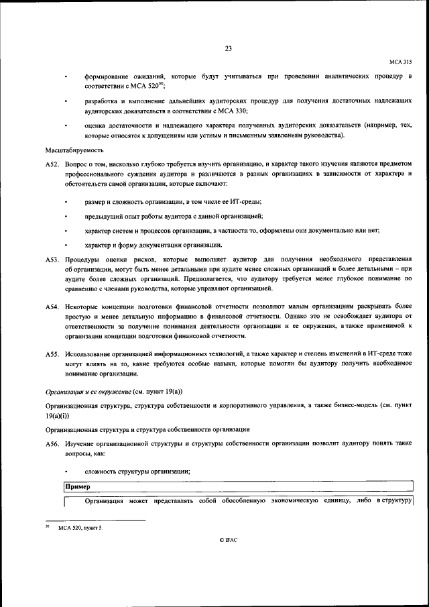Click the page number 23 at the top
pos(228,48)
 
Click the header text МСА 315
pos(400,61)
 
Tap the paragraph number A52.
pos(53,164)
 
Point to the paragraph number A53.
pos(53,259)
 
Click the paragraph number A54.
pos(53,306)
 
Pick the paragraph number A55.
pos(53,353)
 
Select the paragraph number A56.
pos(53,445)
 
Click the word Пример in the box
pos(78,486)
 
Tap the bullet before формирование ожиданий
pos(66,78)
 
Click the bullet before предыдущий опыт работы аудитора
pos(66,216)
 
